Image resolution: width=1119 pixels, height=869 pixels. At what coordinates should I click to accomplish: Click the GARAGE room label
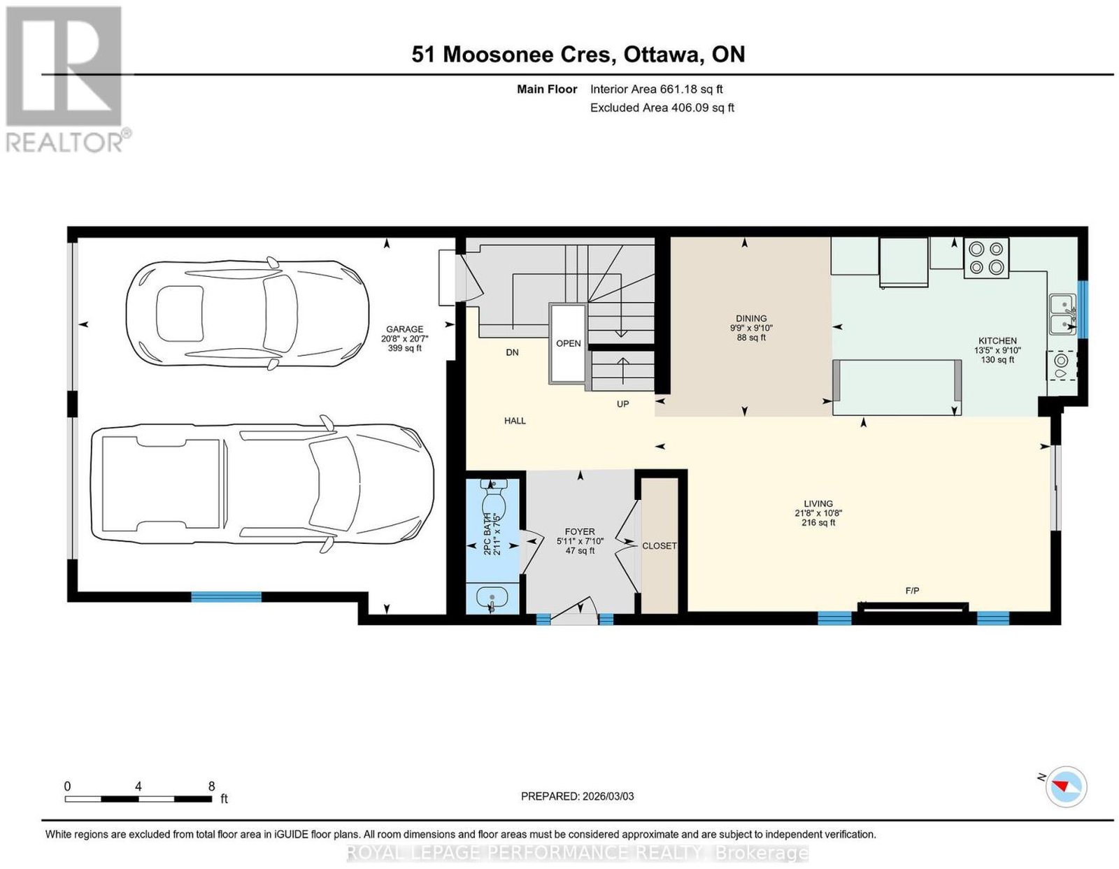(x=404, y=329)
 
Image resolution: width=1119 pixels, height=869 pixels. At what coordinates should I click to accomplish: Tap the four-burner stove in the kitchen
(x=986, y=258)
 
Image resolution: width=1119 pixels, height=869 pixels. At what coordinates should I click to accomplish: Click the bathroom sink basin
(x=492, y=599)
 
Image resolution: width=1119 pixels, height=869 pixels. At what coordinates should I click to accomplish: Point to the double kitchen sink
(x=1063, y=315)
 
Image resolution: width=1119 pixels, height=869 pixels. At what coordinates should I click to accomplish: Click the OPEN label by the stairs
(x=568, y=344)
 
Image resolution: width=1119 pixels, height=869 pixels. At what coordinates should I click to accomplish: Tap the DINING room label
(x=751, y=319)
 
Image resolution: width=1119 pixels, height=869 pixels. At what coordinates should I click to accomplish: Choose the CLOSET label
(x=659, y=546)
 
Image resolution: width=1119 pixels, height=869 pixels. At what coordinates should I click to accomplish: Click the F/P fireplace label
(x=912, y=591)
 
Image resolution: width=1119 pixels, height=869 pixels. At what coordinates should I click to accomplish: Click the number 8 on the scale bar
(x=211, y=787)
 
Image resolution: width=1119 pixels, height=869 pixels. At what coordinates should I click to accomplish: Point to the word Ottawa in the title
(x=663, y=54)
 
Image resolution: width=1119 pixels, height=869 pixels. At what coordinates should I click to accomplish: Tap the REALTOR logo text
(x=65, y=143)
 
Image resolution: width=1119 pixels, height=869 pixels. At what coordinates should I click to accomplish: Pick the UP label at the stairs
(x=622, y=404)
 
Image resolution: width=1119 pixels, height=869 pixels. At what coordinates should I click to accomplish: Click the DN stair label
(x=512, y=352)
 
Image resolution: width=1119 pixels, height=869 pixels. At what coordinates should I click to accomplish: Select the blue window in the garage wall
(x=226, y=597)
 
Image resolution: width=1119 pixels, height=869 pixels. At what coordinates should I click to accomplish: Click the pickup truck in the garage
(x=262, y=484)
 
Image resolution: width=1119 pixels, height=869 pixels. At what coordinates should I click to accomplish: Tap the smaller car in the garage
(x=247, y=313)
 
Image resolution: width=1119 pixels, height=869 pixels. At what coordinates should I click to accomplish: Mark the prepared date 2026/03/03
(x=608, y=796)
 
